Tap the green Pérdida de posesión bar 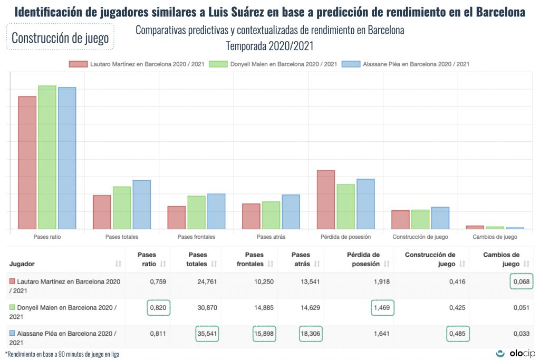point(346,206)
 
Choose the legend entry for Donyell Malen point(273,64)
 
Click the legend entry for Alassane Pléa point(406,64)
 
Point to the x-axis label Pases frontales point(196,237)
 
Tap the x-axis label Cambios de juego point(495,237)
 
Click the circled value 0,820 point(158,308)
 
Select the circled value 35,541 point(207,334)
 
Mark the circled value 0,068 point(522,281)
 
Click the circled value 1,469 point(382,308)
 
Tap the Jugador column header point(22,264)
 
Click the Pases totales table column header point(197,259)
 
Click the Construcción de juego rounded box point(60,38)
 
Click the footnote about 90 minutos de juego point(62,354)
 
